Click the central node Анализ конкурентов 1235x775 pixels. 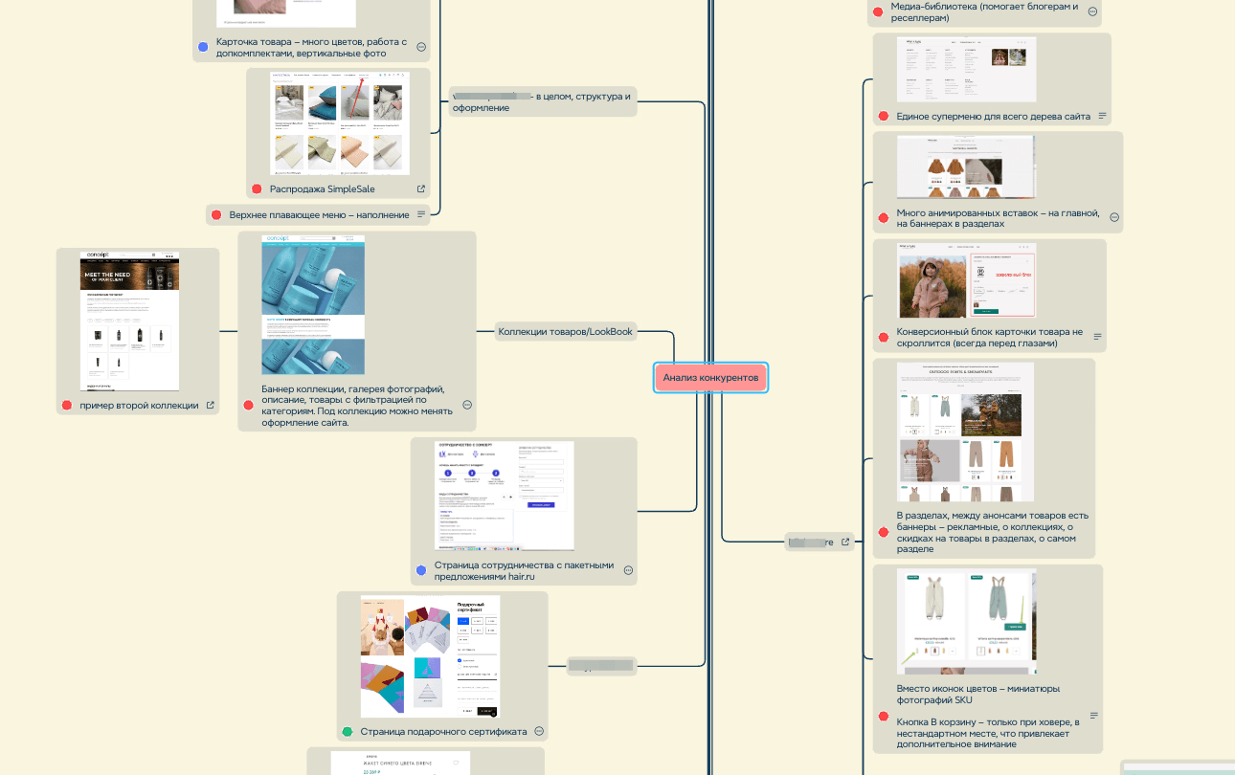pos(710,378)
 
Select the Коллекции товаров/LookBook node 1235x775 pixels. pos(565,332)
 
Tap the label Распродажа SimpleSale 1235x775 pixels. pos(321,189)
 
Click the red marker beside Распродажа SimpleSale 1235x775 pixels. pos(257,189)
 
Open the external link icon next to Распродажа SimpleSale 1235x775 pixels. pos(421,189)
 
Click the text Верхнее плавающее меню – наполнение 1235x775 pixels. pos(319,215)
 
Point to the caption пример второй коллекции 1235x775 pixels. pos(139,406)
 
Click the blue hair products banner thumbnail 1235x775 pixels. pos(313,305)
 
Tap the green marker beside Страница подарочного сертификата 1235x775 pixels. pos(348,732)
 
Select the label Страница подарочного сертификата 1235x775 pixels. pos(443,732)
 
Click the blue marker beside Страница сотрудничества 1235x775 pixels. pos(420,570)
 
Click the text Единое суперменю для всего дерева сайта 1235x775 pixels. pos(993,117)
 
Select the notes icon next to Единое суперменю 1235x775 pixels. pos(1102,117)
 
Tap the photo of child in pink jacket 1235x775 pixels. pos(932,279)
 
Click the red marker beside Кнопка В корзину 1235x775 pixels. pos(883,716)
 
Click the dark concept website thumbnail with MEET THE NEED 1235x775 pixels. pos(129,320)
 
